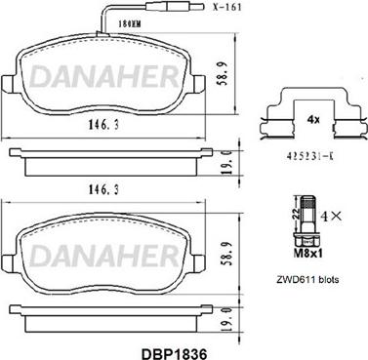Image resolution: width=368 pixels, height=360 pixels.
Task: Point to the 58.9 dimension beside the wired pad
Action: pyautogui.click(x=224, y=74)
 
